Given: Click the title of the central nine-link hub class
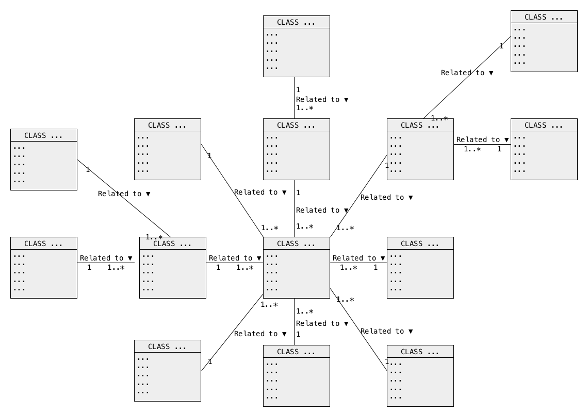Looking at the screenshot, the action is tap(296, 244).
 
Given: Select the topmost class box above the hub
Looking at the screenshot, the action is tap(296, 46).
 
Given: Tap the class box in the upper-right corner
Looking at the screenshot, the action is tap(544, 41).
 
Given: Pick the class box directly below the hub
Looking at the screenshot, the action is tap(296, 375).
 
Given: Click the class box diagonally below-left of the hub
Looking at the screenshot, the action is tap(168, 371).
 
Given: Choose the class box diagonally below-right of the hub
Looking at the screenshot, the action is tap(420, 375).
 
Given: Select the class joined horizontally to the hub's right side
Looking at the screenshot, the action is tap(420, 268).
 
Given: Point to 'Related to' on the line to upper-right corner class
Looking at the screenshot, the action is tap(462, 73).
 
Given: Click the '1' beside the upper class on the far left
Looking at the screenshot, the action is tap(88, 170).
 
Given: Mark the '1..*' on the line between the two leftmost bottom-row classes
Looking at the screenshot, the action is tap(116, 268).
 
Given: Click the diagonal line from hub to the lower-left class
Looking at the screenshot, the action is tap(232, 333).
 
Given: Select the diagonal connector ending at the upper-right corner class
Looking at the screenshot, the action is tap(467, 78).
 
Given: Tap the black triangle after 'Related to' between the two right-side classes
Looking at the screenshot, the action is tap(507, 140).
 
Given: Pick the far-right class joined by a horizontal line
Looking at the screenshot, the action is tap(544, 149).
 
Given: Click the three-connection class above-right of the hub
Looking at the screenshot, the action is tap(420, 149).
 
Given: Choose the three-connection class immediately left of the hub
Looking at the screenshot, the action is tap(172, 268).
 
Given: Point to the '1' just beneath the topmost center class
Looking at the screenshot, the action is tap(298, 90).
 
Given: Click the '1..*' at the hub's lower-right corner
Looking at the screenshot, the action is tap(345, 300).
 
